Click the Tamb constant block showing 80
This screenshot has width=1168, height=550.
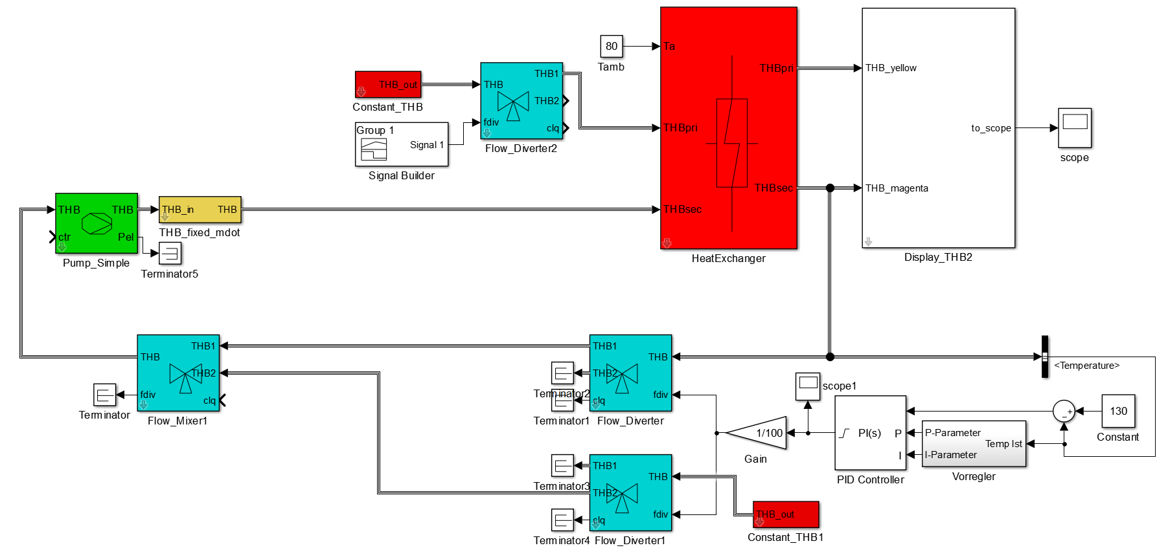pyautogui.click(x=611, y=47)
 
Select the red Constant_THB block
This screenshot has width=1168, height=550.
pyautogui.click(x=388, y=85)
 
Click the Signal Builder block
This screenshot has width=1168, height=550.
pyautogui.click(x=401, y=144)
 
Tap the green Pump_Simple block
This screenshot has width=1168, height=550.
pyautogui.click(x=97, y=223)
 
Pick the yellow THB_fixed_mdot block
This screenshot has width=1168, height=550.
pyautogui.click(x=200, y=210)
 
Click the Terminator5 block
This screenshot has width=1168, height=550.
pyautogui.click(x=170, y=253)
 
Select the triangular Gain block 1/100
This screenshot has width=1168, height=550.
pyautogui.click(x=759, y=433)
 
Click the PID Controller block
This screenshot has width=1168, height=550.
pyautogui.click(x=870, y=433)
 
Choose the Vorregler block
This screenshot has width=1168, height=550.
pyautogui.click(x=974, y=444)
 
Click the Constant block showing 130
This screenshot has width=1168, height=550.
pyautogui.click(x=1118, y=411)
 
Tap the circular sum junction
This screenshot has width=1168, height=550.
pyautogui.click(x=1064, y=412)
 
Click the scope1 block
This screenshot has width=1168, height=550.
pyautogui.click(x=808, y=386)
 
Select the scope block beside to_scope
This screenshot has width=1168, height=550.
pyautogui.click(x=1075, y=128)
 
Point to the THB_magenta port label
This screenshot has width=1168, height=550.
pyautogui.click(x=897, y=188)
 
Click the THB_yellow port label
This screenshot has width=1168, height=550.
pyautogui.click(x=891, y=68)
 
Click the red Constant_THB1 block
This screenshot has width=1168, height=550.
pyautogui.click(x=786, y=514)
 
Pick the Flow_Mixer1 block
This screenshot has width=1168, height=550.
pyautogui.click(x=178, y=373)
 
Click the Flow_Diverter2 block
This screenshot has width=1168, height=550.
pyautogui.click(x=521, y=101)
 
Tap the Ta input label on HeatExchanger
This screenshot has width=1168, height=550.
pyautogui.click(x=669, y=47)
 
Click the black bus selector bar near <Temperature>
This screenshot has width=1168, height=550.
pyautogui.click(x=1044, y=357)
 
